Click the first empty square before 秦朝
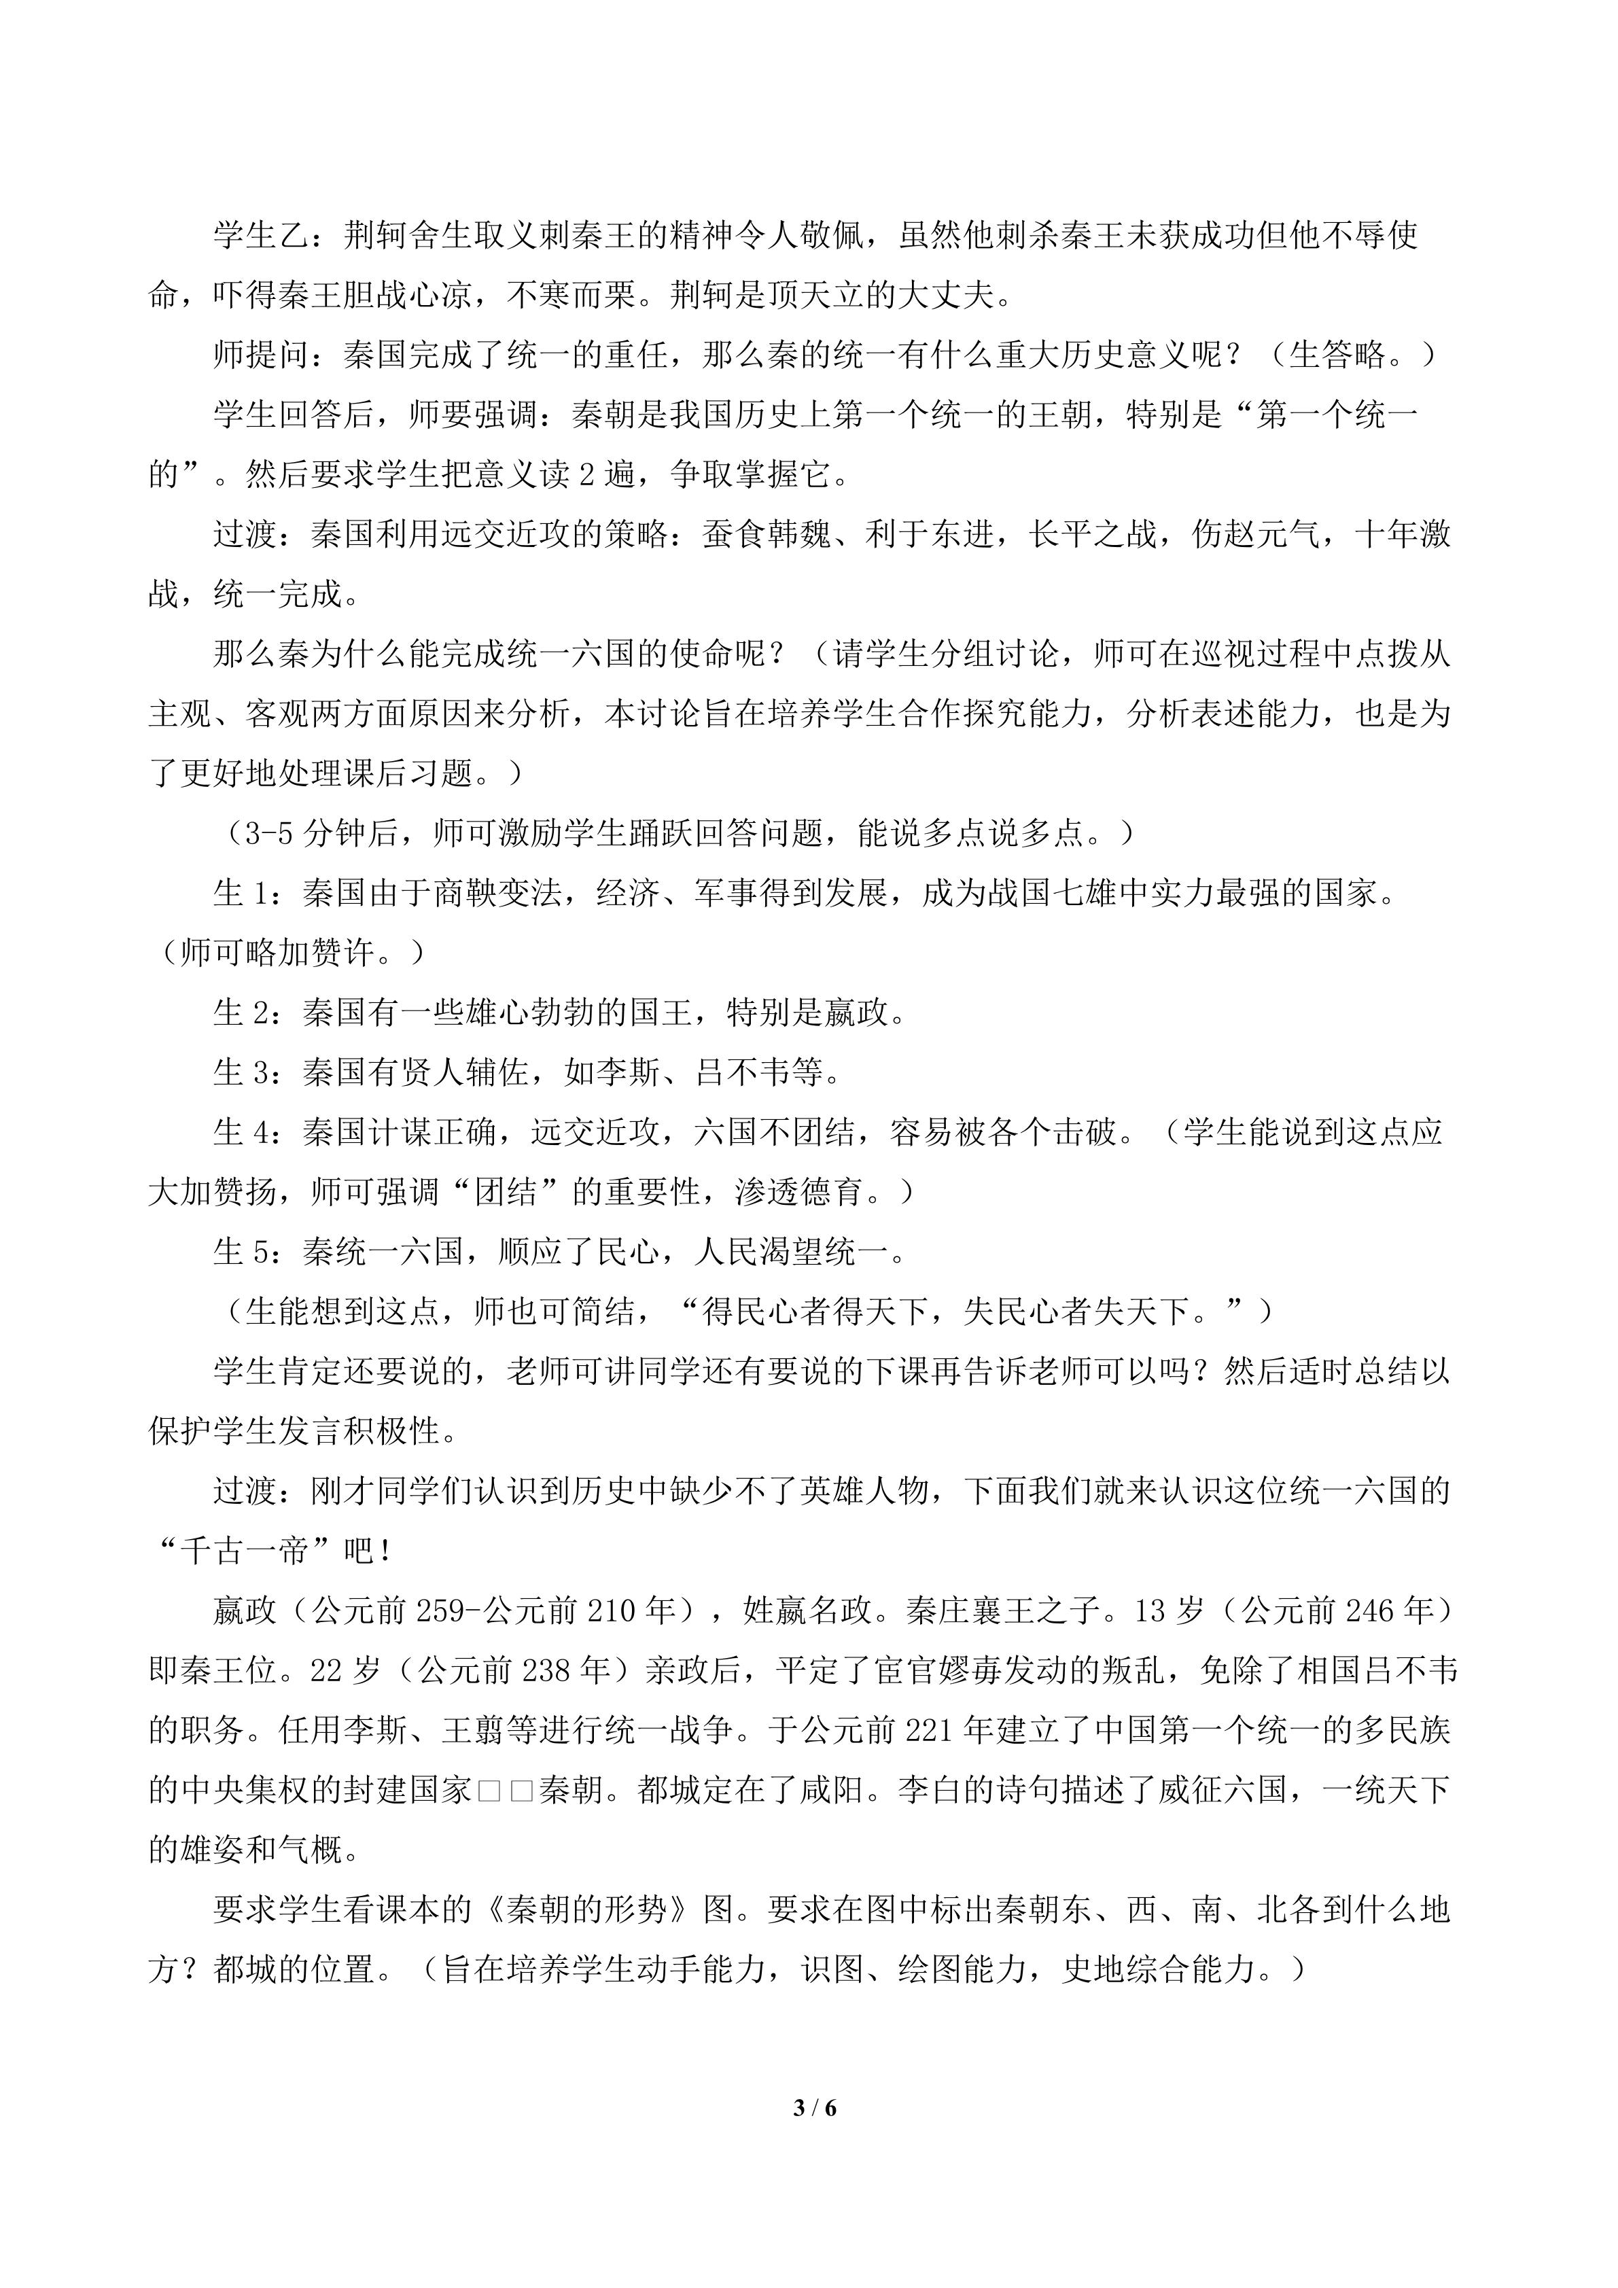(x=488, y=1791)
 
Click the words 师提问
(x=261, y=355)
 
